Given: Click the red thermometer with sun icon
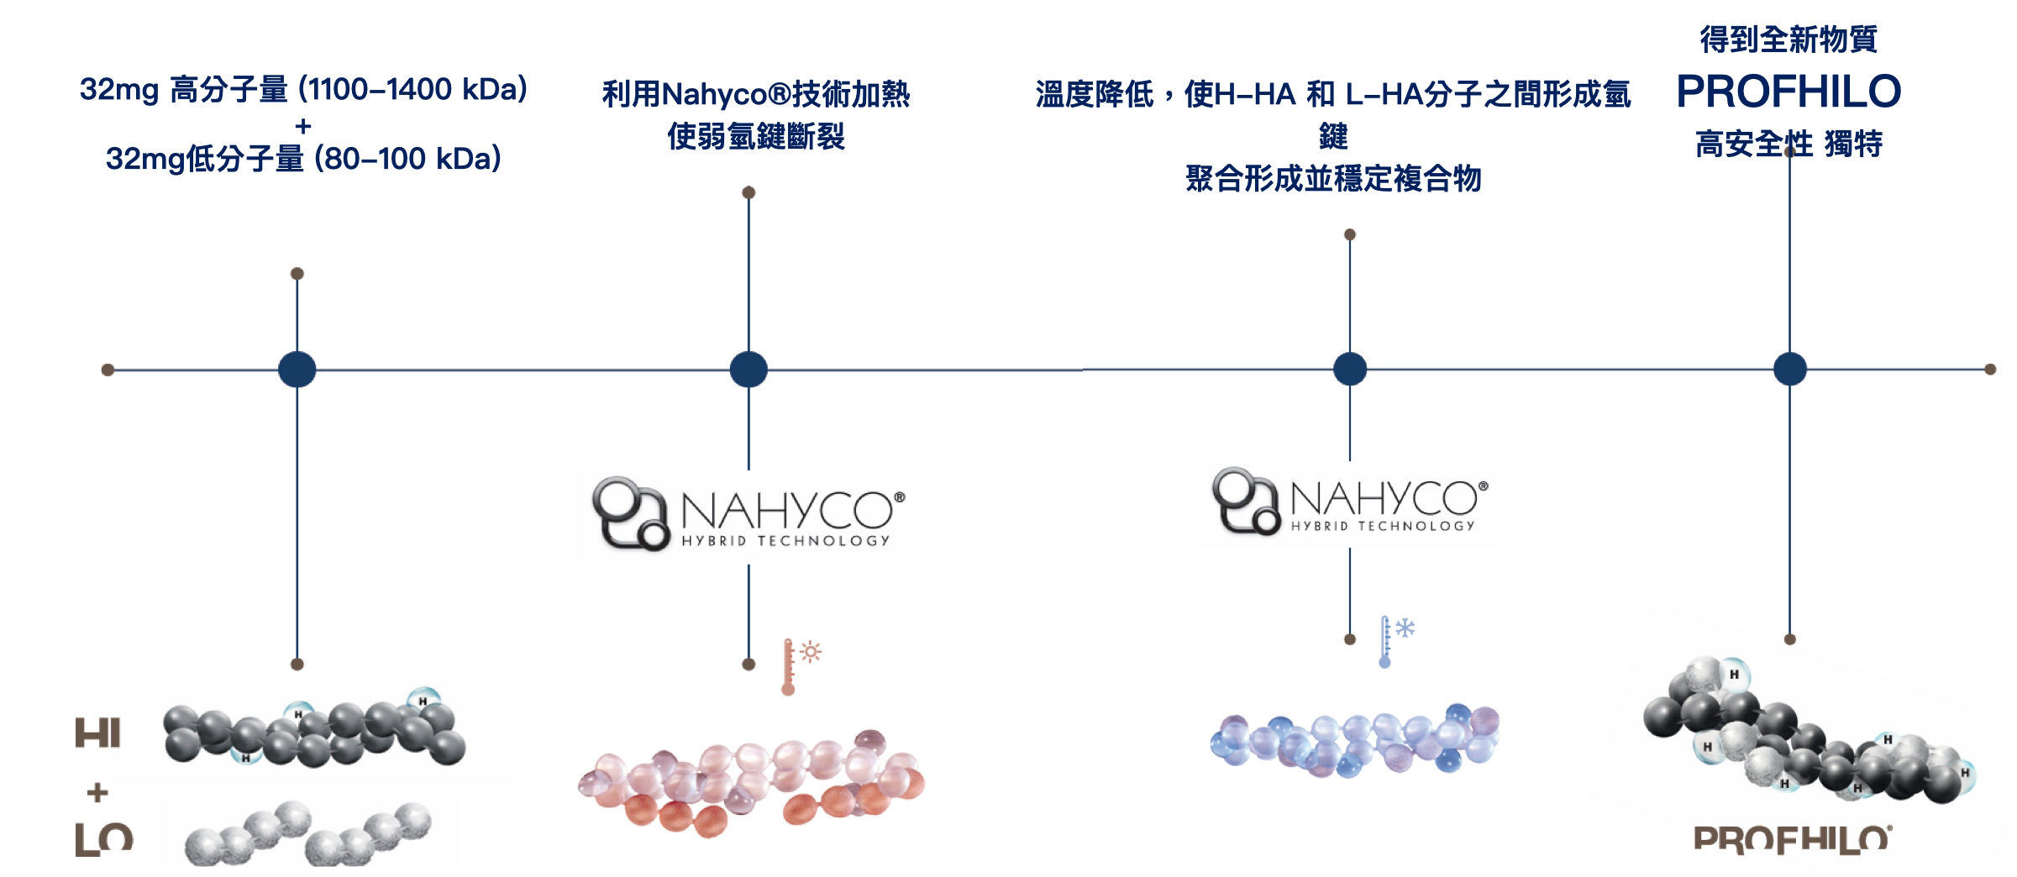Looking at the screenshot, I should pyautogui.click(x=798, y=665).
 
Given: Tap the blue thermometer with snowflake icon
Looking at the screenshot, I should pyautogui.click(x=1395, y=641).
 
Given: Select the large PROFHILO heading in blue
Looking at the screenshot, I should pyautogui.click(x=1789, y=92).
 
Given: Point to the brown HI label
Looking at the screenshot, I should pyautogui.click(x=97, y=733).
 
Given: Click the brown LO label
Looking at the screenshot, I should pyautogui.click(x=103, y=839).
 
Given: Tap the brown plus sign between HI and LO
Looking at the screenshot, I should pyautogui.click(x=97, y=792).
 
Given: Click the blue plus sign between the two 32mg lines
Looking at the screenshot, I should pyautogui.click(x=303, y=126).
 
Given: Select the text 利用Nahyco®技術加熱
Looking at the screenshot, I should pyautogui.click(x=756, y=94).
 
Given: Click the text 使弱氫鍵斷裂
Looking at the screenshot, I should pyautogui.click(x=756, y=136).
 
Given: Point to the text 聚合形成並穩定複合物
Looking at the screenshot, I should pyautogui.click(x=1333, y=178).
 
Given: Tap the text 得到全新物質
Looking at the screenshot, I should pyautogui.click(x=1789, y=39).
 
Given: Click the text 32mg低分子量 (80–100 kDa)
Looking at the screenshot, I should pyautogui.click(x=303, y=159).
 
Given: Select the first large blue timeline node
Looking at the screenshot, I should pyautogui.click(x=297, y=370).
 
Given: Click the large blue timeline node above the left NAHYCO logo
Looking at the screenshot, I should pyautogui.click(x=748, y=370).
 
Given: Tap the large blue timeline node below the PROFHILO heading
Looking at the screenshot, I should pyautogui.click(x=1790, y=369).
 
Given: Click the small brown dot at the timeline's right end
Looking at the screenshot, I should pyautogui.click(x=1990, y=370).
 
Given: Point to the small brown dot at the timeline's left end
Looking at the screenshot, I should pyautogui.click(x=108, y=370).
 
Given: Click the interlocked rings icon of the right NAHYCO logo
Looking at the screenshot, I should pyautogui.click(x=1245, y=501).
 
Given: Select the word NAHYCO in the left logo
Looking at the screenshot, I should pyautogui.click(x=786, y=509).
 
